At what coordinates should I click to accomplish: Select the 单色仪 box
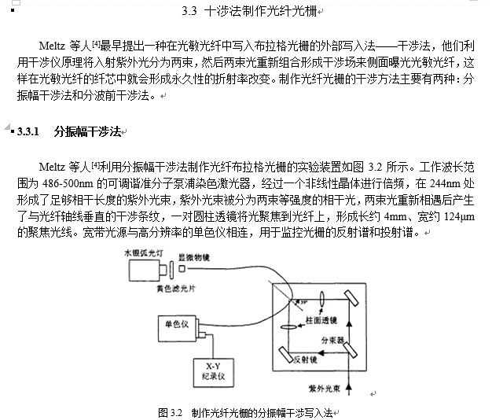point(178,324)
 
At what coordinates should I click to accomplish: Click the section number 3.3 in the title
point(189,12)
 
